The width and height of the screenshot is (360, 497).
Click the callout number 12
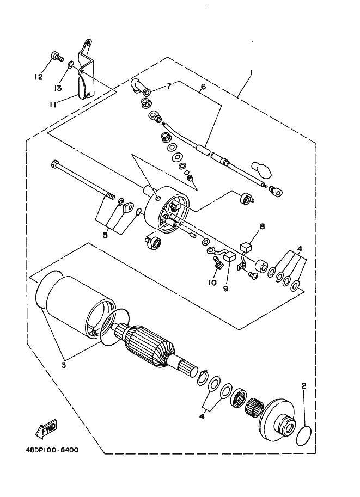click(39, 77)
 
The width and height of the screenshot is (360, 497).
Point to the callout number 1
click(252, 73)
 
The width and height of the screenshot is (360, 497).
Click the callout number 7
click(169, 85)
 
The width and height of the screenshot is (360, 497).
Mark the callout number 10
click(212, 283)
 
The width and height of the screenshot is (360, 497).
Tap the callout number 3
click(63, 364)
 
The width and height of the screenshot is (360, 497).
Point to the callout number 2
click(304, 386)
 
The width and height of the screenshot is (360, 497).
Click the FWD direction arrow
click(46, 429)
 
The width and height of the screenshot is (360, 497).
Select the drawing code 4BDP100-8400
click(52, 450)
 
